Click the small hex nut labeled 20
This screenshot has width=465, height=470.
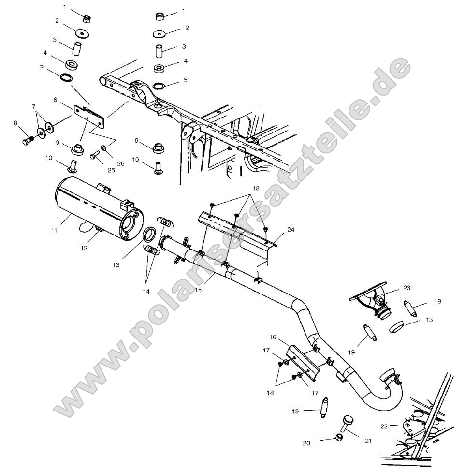click(x=338, y=438)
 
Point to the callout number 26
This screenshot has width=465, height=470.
click(x=120, y=163)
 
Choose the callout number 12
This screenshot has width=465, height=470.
click(x=85, y=247)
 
